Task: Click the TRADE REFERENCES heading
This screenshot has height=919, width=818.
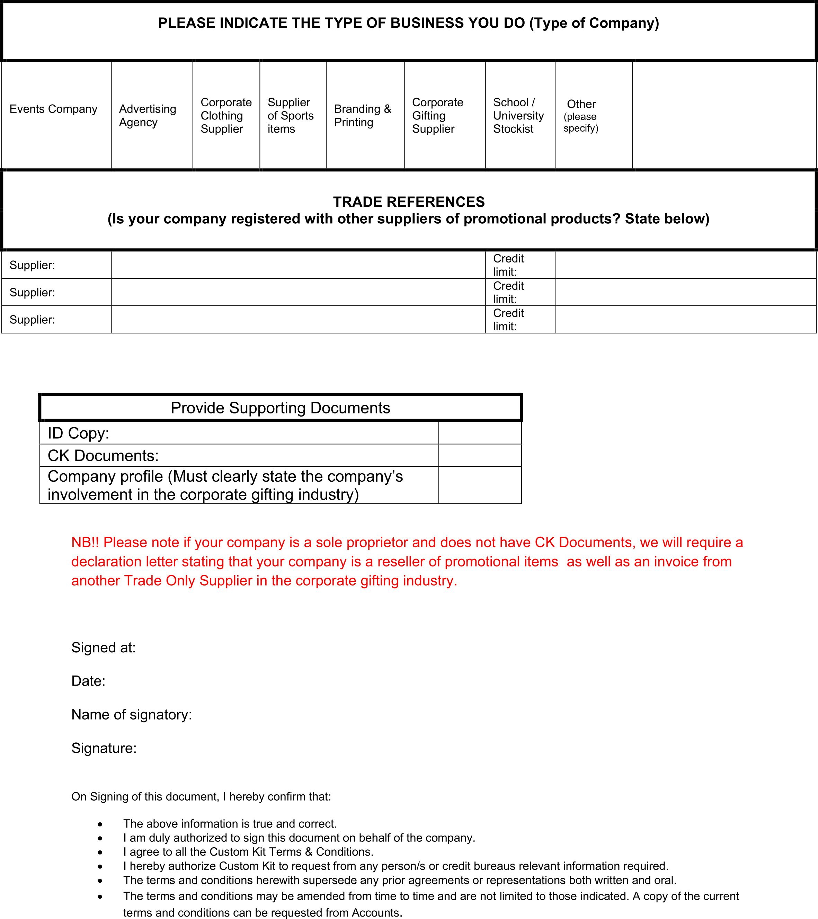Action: (409, 202)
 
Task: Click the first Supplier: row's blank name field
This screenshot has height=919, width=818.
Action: (298, 265)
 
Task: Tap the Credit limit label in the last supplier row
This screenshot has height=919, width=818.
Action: (509, 320)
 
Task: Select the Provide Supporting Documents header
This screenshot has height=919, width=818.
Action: (280, 408)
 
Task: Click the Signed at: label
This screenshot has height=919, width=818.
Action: (104, 648)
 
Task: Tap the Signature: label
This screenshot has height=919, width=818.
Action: (104, 748)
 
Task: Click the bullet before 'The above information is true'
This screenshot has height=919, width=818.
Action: (100, 824)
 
